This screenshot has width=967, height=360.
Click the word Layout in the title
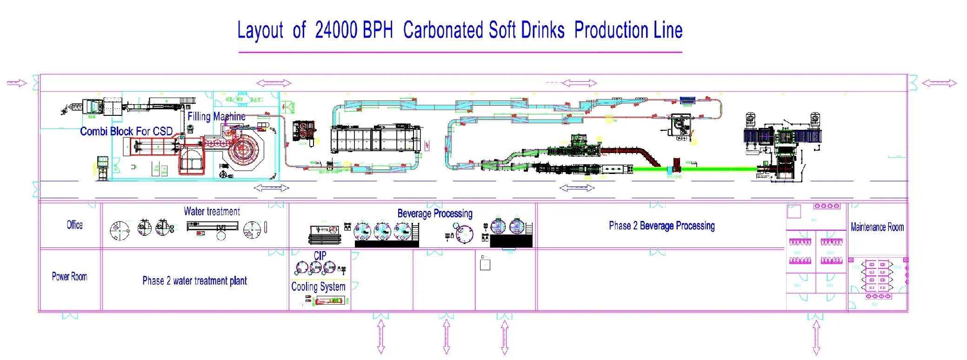[260, 31]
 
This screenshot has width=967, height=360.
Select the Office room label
[74, 225]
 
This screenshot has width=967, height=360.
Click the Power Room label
[69, 277]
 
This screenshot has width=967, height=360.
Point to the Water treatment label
[212, 212]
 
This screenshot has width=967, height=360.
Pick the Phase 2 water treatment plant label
[194, 281]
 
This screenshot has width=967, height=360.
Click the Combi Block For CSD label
[126, 132]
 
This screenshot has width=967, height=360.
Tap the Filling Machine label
[216, 116]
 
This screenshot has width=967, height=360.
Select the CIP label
[320, 255]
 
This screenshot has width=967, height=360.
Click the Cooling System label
[318, 287]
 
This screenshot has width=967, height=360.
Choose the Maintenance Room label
[877, 227]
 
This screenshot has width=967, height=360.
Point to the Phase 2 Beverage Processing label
[661, 226]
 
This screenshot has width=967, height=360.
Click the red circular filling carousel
[242, 151]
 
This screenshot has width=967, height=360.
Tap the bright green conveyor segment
[698, 169]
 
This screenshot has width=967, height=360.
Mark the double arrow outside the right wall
[939, 83]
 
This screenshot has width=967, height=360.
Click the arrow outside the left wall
[17, 83]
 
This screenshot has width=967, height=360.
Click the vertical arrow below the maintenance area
[815, 337]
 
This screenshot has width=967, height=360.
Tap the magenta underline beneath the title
[460, 52]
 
